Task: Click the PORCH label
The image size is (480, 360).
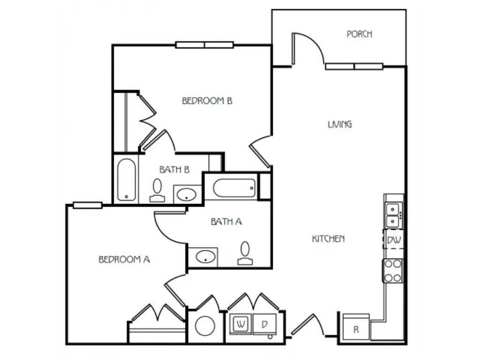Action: [x=359, y=34]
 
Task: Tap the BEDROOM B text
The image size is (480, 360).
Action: [x=208, y=101]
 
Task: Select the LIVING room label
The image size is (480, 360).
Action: [x=339, y=124]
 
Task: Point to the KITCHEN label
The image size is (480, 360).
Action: [x=328, y=239]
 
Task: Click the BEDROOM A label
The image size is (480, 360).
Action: [x=124, y=259]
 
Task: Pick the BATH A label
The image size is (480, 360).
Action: [x=226, y=222]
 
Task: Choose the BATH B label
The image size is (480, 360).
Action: [x=174, y=170]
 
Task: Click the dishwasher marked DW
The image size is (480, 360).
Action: [x=393, y=240]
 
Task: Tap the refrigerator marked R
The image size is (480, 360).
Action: [x=356, y=329]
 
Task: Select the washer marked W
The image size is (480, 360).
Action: [x=241, y=324]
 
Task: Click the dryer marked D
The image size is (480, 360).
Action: [x=264, y=324]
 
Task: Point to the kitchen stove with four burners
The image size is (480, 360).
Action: [x=393, y=270]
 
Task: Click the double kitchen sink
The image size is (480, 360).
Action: [x=393, y=215]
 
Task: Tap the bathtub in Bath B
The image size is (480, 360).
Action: [x=126, y=180]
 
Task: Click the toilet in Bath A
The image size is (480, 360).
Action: [x=245, y=253]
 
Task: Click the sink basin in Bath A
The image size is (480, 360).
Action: [x=205, y=256]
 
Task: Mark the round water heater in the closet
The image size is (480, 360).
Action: [x=205, y=325]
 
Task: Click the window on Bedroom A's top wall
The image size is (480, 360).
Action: [x=88, y=205]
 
